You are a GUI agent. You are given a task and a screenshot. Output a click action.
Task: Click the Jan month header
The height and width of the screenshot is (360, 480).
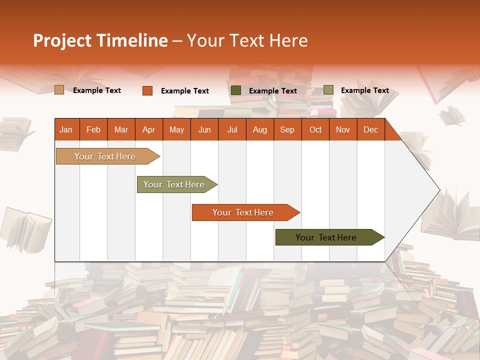pyautogui.click(x=66, y=129)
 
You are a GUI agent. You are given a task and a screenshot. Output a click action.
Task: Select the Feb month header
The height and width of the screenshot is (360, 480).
pyautogui.click(x=93, y=129)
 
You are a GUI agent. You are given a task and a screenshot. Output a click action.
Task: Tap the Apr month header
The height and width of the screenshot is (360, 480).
pyautogui.click(x=148, y=129)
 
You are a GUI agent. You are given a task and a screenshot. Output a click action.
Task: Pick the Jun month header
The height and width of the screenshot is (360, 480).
pyautogui.click(x=204, y=129)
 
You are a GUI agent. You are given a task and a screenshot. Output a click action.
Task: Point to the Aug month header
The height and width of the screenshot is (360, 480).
pyautogui.click(x=260, y=129)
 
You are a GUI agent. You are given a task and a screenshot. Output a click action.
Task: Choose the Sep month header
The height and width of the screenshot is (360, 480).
pyautogui.click(x=287, y=129)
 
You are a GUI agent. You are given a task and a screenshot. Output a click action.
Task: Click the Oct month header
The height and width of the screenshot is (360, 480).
pyautogui.click(x=315, y=129)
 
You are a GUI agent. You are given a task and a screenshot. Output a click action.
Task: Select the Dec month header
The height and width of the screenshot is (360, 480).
pyautogui.click(x=370, y=129)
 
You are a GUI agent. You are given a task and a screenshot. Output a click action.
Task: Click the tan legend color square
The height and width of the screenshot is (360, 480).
pyautogui.click(x=59, y=90)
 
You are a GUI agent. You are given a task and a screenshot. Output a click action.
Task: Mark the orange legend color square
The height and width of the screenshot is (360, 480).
pyautogui.click(x=147, y=90)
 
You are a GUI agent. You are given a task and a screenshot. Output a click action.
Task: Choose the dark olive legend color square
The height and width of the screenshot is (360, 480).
pyautogui.click(x=236, y=90)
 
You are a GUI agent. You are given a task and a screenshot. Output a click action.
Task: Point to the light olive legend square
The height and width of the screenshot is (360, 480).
pyautogui.click(x=328, y=90)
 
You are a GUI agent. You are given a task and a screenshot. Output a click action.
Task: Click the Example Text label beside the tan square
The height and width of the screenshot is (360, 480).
pyautogui.click(x=97, y=90)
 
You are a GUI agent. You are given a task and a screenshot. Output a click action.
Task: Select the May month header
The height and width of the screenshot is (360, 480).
pyautogui.click(x=176, y=129)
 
